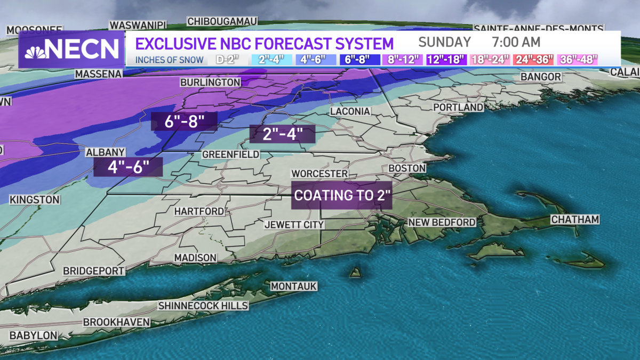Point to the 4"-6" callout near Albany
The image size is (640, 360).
(x=128, y=167)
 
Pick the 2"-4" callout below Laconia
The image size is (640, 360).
(x=282, y=134)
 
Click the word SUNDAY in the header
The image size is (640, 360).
(x=444, y=42)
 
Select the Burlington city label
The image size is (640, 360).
(x=210, y=83)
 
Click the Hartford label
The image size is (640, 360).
(x=199, y=211)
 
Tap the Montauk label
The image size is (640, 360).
(x=293, y=286)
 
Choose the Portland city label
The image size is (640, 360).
(x=458, y=107)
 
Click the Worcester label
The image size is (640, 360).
(x=319, y=174)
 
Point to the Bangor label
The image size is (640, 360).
(x=541, y=77)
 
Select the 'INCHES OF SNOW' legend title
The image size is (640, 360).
(x=169, y=60)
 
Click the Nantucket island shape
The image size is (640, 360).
(x=584, y=262)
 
